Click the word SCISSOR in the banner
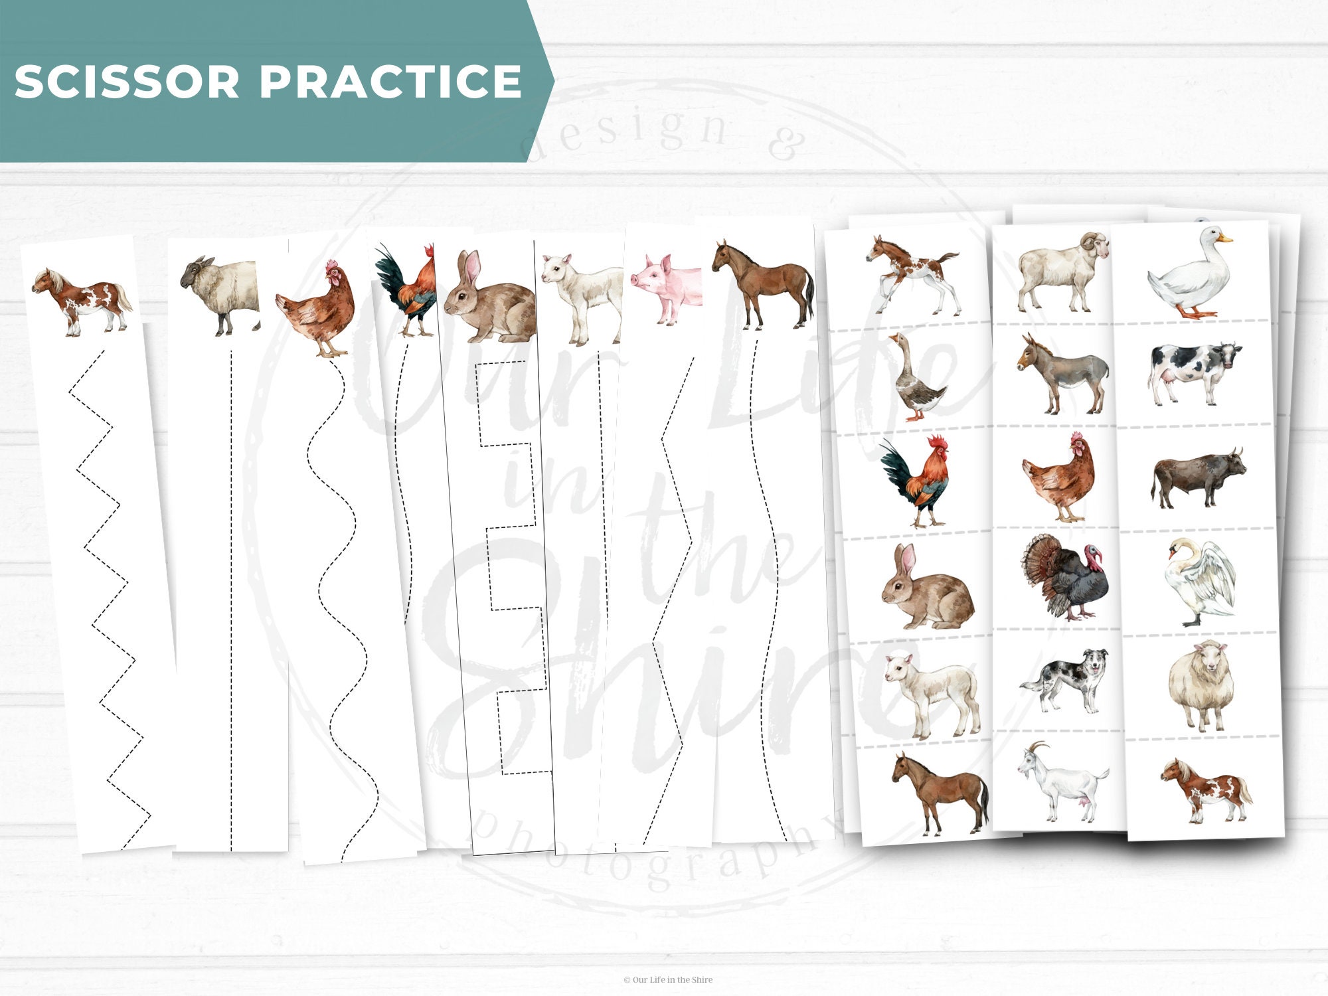pos(127,82)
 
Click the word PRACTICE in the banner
pos(390,82)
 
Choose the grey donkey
pos(1062,374)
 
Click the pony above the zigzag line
pos(82,301)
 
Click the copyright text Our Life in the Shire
pos(668,979)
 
